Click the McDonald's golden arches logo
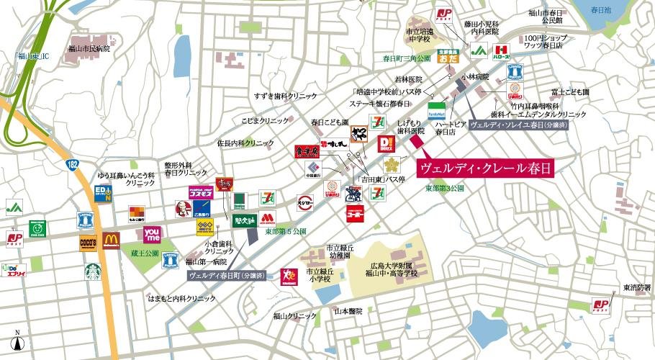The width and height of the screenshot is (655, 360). point(111,240)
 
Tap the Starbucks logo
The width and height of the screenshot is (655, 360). point(92,271)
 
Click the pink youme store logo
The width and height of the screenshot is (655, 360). point(152,233)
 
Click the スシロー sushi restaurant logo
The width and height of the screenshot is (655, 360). point(304,202)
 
